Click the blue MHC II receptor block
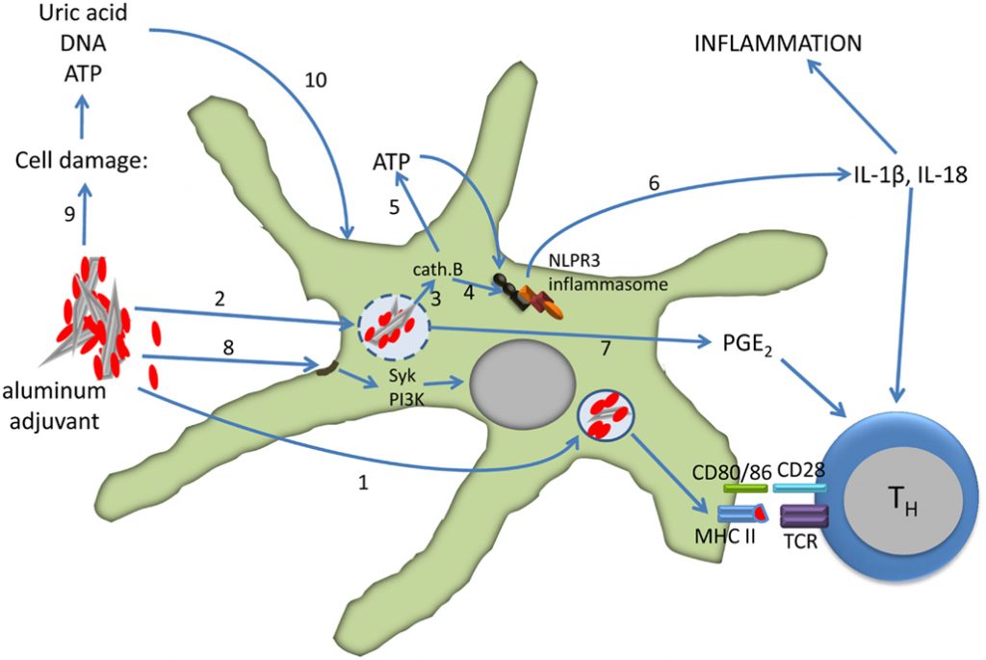point(741,515)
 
